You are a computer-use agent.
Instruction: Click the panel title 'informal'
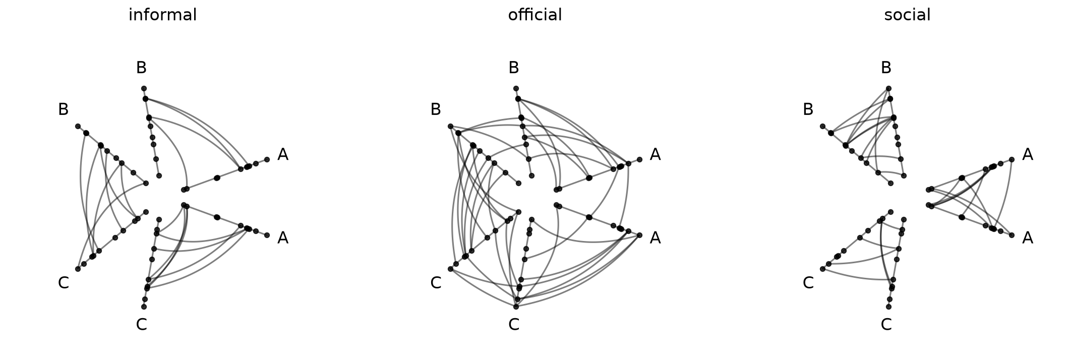[162, 15]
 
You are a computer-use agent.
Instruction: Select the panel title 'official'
[534, 15]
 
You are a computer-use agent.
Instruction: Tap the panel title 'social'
[907, 15]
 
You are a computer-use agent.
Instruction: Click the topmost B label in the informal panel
[141, 68]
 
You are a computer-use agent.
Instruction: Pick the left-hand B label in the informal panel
[63, 109]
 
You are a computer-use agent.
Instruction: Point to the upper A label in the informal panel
[283, 155]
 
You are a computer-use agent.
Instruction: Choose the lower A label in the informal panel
[283, 237]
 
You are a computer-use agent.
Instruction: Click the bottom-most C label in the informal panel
[141, 325]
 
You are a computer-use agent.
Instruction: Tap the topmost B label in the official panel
[513, 68]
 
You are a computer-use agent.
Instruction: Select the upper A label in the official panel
[655, 155]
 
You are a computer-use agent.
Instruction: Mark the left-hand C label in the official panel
[436, 283]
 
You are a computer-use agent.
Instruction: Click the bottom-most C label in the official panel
[513, 325]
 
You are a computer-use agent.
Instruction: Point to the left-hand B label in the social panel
[808, 109]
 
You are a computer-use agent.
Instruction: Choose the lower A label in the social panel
[1027, 237]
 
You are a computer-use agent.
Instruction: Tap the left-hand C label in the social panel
[808, 283]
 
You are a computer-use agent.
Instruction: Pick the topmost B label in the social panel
[885, 68]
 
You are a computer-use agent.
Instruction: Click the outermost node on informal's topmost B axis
[144, 88]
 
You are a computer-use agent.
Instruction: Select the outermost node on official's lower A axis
[639, 235]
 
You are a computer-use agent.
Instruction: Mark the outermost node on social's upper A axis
[1012, 159]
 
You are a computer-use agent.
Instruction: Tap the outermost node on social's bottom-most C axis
[888, 307]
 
